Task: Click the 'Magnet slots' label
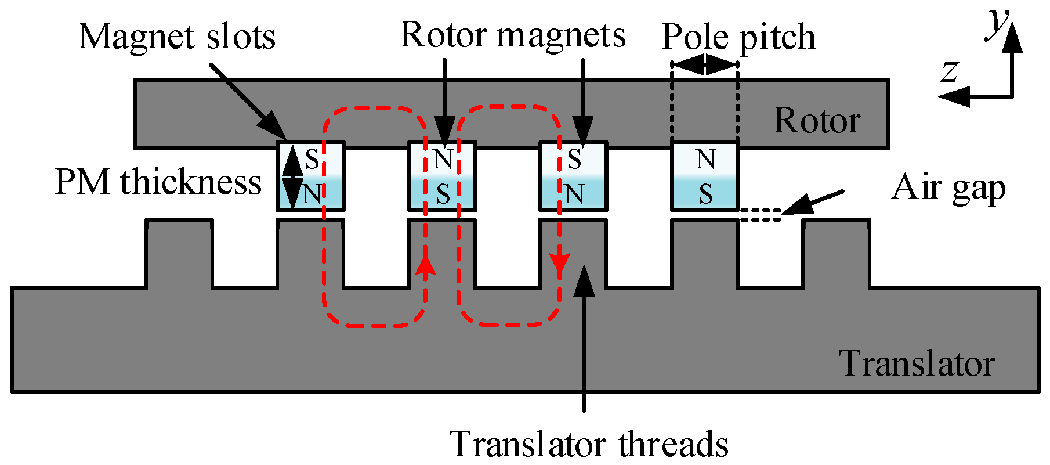pyautogui.click(x=176, y=37)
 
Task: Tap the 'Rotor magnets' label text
pyautogui.click(x=513, y=35)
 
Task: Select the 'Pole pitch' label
pyautogui.click(x=738, y=37)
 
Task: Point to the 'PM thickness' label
pyautogui.click(x=158, y=182)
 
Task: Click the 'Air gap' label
pyautogui.click(x=948, y=188)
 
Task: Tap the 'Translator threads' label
pyautogui.click(x=589, y=445)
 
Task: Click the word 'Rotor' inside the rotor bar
pyautogui.click(x=817, y=121)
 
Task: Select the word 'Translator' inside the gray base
pyautogui.click(x=917, y=364)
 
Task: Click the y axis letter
pyautogui.click(x=997, y=24)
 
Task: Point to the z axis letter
pyautogui.click(x=949, y=72)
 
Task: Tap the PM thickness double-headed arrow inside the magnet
pyautogui.click(x=293, y=176)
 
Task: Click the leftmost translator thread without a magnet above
pyautogui.click(x=179, y=253)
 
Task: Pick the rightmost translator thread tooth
pyautogui.click(x=837, y=253)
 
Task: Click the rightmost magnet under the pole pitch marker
pyautogui.click(x=705, y=176)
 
